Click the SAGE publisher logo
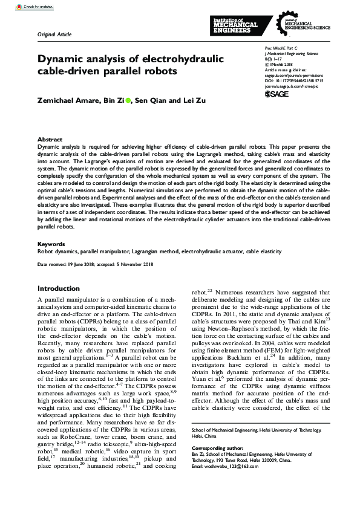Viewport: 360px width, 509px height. pos(279,94)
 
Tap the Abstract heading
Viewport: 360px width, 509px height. pos(50,138)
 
